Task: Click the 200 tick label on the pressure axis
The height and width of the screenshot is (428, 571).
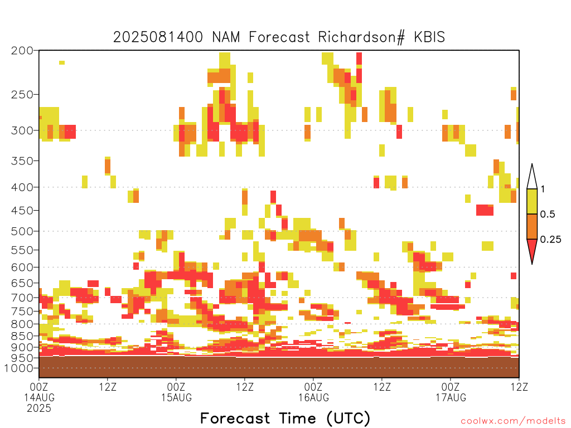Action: (22, 51)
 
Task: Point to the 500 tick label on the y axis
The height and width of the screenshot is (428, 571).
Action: (22, 231)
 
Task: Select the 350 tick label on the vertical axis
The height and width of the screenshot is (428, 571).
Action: (22, 161)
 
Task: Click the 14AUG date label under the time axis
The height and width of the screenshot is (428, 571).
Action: (40, 397)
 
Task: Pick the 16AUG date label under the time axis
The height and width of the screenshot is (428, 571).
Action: (313, 397)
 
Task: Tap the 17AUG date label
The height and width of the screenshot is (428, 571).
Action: (451, 397)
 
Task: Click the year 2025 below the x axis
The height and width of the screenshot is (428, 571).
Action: (39, 408)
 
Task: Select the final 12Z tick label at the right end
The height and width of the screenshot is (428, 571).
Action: (519, 387)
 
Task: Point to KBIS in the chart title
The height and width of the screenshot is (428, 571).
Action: (429, 37)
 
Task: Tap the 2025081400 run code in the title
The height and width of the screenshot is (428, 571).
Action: (158, 37)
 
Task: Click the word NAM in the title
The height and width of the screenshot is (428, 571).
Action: (226, 37)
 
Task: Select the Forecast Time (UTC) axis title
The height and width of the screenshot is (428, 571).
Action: (285, 419)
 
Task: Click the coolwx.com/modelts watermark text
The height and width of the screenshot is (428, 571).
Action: (513, 421)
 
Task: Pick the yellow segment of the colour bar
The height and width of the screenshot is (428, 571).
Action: (532, 201)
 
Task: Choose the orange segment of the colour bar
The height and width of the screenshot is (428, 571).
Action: (532, 226)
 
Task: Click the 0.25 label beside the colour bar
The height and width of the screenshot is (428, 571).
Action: (550, 240)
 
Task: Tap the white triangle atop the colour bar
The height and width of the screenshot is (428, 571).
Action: (532, 177)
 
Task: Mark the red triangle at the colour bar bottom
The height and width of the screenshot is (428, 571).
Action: (532, 250)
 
